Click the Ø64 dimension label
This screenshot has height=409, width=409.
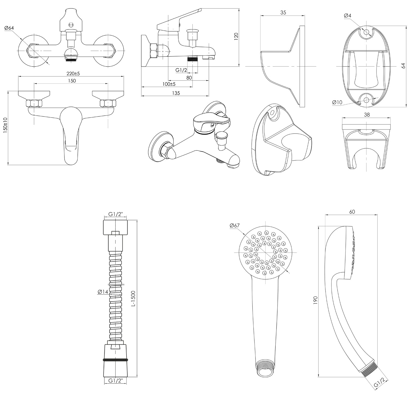(x=9, y=28)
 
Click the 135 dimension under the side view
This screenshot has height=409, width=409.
(x=176, y=93)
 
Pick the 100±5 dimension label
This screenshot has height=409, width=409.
(x=169, y=84)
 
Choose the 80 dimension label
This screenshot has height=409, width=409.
(x=189, y=78)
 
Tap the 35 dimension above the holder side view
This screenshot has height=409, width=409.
(x=283, y=12)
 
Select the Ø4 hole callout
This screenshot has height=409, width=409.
(x=348, y=16)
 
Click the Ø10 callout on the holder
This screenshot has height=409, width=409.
(x=337, y=102)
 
